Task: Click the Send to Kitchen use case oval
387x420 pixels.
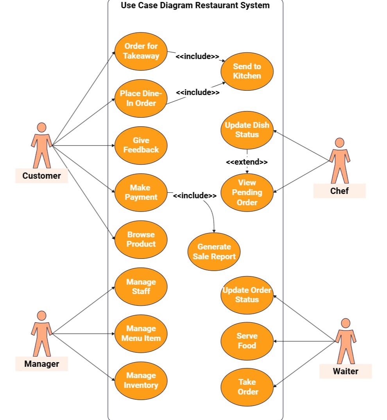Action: [x=247, y=71]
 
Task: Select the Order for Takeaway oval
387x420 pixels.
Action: [x=141, y=51]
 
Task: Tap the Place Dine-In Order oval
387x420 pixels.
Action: [x=141, y=98]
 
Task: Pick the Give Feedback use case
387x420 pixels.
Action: [x=141, y=145]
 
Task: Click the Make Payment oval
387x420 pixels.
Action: [x=141, y=192]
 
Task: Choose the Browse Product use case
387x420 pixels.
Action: [x=141, y=239]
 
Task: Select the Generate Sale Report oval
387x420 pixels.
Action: [x=214, y=252]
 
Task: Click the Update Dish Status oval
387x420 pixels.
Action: [x=247, y=130]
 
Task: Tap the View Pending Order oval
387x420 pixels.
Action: [x=247, y=192]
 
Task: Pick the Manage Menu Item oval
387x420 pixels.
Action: [x=141, y=334]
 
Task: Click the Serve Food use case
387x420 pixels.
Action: [x=247, y=341]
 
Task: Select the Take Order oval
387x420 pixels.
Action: [x=247, y=387]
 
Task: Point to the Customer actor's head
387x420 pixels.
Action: [x=41, y=127]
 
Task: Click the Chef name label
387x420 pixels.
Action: [x=339, y=191]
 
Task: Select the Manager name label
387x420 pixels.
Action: [x=42, y=364]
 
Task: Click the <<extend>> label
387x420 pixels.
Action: [x=247, y=162]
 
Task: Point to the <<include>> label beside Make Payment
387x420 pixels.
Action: [x=195, y=196]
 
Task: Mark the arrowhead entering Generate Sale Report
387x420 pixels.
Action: [x=214, y=231]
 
